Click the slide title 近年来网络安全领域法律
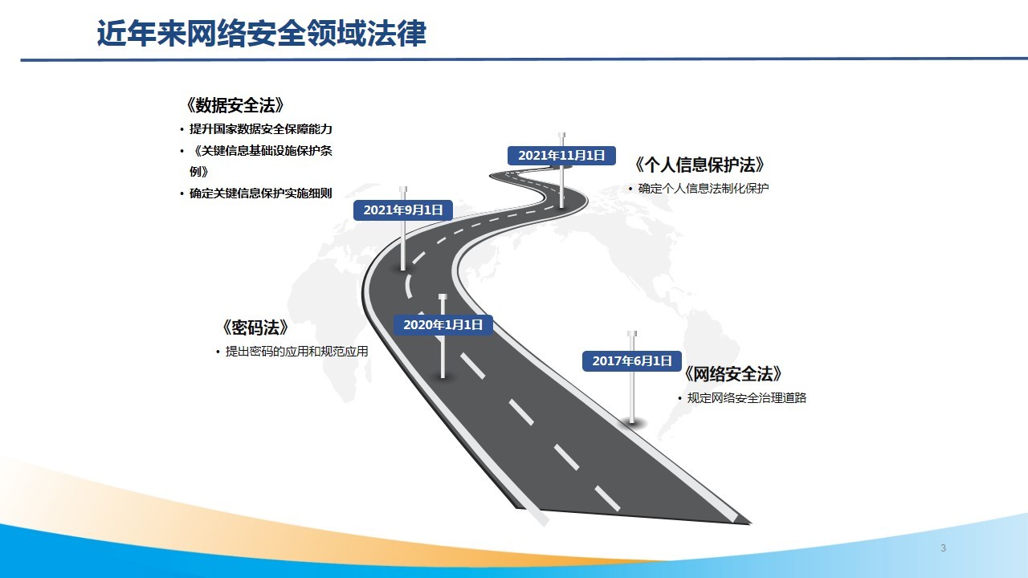point(262,33)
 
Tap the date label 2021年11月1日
point(561,156)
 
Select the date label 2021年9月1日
point(403,210)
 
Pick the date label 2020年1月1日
point(443,325)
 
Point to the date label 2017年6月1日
point(632,360)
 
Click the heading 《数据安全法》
point(235,105)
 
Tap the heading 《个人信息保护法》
point(699,165)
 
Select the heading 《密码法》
point(255,328)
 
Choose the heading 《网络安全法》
point(732,374)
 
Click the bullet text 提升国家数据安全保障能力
point(261,129)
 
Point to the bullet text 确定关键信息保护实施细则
point(261,193)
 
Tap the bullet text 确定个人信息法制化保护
point(704,189)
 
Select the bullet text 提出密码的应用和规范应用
point(296,352)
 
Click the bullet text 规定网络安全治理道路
point(747,397)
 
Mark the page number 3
point(943,547)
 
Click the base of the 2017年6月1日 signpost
point(632,421)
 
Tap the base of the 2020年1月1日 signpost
point(443,377)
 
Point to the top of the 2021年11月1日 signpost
point(561,135)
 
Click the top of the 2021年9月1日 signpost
point(403,189)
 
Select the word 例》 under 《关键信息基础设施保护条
point(198,172)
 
